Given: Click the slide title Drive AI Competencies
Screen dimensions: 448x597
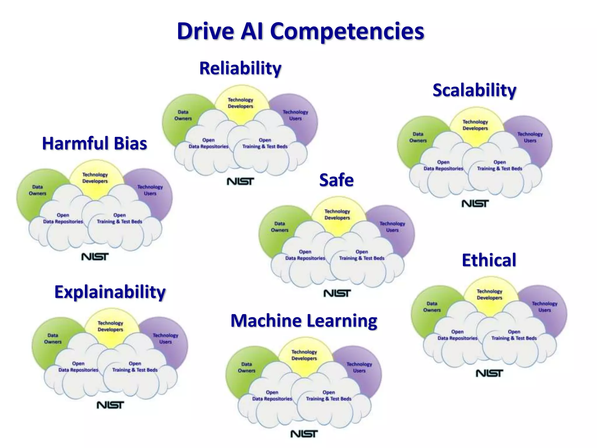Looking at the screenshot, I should (301, 32).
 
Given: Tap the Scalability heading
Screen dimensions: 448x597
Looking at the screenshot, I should (474, 90).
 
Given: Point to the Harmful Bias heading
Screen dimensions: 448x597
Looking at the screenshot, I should (94, 143).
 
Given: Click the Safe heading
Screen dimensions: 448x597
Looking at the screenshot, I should (336, 180).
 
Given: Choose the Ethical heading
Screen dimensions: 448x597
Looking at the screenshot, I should (489, 260).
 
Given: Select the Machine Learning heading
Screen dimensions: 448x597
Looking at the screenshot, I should (304, 321).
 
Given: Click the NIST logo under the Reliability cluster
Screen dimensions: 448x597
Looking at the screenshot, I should (240, 181).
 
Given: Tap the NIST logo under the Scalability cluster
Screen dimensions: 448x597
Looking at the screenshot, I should (475, 204).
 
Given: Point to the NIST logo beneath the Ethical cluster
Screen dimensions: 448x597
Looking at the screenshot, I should (489, 373).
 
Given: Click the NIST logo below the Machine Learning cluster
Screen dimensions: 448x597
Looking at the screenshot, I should (304, 434).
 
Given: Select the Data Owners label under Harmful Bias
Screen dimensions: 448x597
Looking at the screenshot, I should (38, 190).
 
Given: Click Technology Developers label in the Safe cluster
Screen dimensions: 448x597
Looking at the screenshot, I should (337, 214).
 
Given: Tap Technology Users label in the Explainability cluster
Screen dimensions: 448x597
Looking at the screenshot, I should (165, 339).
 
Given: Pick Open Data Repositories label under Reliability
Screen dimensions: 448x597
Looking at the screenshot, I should (208, 143).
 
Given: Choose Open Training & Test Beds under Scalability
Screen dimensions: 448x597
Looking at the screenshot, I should (500, 165).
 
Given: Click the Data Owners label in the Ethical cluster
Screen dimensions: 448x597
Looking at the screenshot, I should (432, 307).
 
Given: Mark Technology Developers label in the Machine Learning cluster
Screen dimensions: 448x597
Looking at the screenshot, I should (304, 355).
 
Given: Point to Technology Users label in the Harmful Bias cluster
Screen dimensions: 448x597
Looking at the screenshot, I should (150, 190).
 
